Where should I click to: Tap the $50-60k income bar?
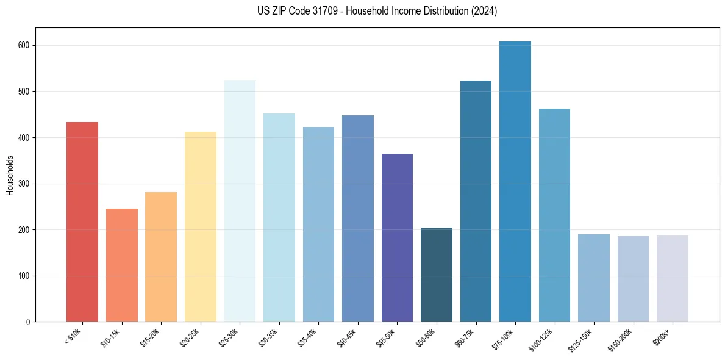tap(437, 275)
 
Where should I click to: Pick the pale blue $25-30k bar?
tap(240, 201)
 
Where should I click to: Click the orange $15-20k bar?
tap(161, 257)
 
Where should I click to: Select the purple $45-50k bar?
tap(397, 237)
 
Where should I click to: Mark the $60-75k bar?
tap(476, 201)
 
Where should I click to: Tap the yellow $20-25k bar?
tap(201, 226)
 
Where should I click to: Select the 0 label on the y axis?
tap(28, 322)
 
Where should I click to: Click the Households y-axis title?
tap(10, 175)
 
